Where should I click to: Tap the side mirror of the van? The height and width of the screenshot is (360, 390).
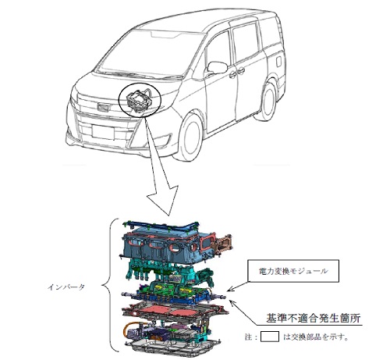pyautogui.click(x=217, y=68)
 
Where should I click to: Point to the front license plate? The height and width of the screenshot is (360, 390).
pyautogui.click(x=103, y=132)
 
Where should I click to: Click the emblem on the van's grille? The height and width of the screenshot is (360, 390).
pyautogui.click(x=103, y=107)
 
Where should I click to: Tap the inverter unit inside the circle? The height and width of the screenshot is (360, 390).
pyautogui.click(x=139, y=100)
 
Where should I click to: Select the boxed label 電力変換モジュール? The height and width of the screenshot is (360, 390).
pyautogui.click(x=293, y=271)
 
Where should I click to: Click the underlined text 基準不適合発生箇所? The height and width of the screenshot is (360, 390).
pyautogui.click(x=314, y=319)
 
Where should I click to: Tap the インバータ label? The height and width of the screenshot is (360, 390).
pyautogui.click(x=66, y=287)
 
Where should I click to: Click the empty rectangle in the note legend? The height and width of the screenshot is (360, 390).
pyautogui.click(x=270, y=337)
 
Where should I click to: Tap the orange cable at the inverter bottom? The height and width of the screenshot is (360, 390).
pyautogui.click(x=126, y=329)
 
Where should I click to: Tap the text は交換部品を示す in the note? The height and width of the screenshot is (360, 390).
pyautogui.click(x=316, y=337)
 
